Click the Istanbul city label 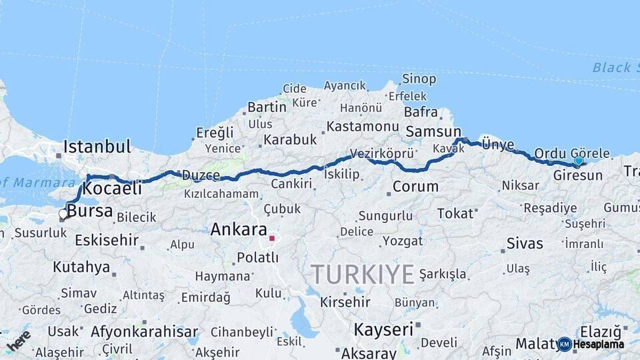click(97, 147)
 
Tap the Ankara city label click(239, 230)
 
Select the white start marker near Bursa click(63, 214)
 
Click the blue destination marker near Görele click(578, 161)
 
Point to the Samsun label click(433, 132)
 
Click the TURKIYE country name click(363, 274)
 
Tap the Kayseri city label click(383, 329)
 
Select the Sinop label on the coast click(420, 79)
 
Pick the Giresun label click(578, 176)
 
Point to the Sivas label click(525, 243)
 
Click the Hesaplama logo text click(599, 345)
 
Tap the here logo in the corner click(19, 340)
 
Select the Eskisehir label click(107, 240)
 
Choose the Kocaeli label click(113, 189)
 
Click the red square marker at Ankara click(271, 237)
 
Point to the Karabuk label click(290, 140)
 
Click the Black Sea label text click(611, 67)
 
